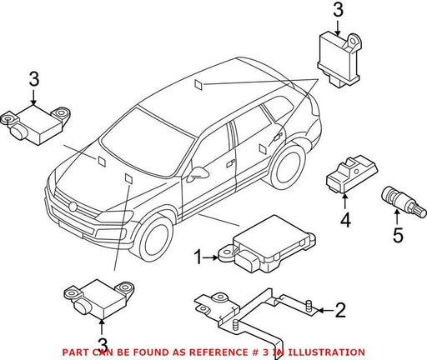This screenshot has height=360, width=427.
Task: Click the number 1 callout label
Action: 198,257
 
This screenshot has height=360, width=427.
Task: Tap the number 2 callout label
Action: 340,310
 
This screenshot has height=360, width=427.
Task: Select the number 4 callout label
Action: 345,221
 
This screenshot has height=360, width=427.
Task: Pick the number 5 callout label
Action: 398,235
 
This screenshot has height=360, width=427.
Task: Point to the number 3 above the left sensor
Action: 34,79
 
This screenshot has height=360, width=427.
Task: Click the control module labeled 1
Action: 268,244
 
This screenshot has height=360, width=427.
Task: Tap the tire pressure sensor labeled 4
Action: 351,174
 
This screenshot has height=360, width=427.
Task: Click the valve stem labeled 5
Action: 403,202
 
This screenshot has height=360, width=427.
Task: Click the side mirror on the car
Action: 198,174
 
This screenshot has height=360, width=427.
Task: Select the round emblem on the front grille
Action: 73,207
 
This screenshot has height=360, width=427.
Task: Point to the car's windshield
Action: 148,142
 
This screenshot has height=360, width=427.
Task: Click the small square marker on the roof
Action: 198,84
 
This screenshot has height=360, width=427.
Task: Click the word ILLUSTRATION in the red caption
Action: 326,352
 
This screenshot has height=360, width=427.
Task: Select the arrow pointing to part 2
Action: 325,310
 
